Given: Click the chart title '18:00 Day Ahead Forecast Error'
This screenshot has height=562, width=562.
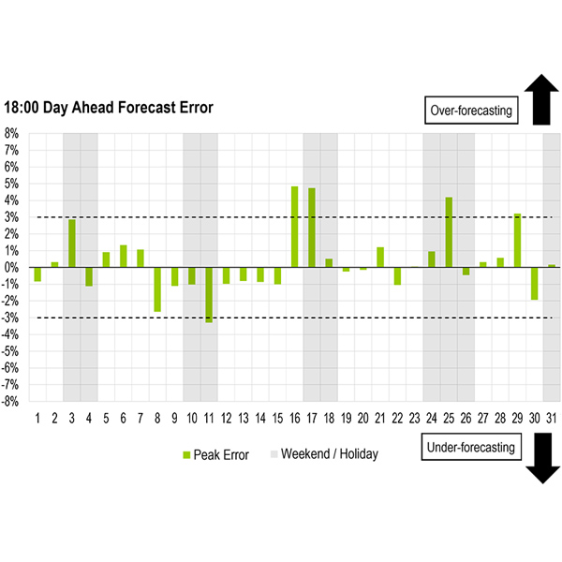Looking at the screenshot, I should (x=109, y=108).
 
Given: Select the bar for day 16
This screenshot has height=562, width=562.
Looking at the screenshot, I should (x=295, y=227).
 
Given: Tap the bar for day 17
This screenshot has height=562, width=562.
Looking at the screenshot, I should (x=312, y=228).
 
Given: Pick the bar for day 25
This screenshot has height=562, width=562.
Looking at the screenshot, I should (x=449, y=232).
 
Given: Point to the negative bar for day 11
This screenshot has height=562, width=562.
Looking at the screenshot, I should (x=209, y=295).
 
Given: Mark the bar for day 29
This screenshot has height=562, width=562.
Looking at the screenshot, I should (x=517, y=241).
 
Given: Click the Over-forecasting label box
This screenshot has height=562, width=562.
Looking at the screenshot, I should (x=470, y=110).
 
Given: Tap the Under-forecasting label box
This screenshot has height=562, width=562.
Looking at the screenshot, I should (x=470, y=448).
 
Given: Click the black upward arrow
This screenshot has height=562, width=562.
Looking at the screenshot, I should (x=541, y=101).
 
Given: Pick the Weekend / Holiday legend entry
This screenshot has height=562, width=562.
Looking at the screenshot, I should (x=323, y=454).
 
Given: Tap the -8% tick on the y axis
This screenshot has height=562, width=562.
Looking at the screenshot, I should (x=11, y=402).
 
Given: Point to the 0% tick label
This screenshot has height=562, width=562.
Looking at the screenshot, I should (x=12, y=268).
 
